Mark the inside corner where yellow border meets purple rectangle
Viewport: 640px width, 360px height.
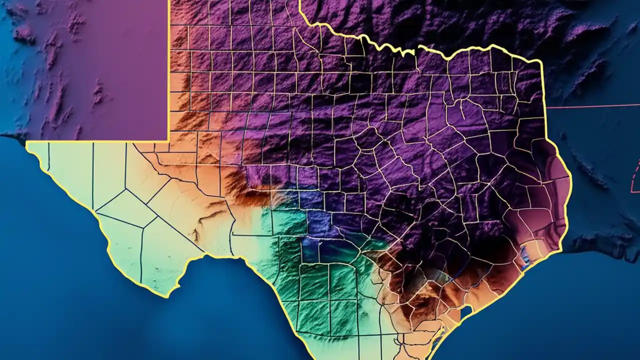(168, 141)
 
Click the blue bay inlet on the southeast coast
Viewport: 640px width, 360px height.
(524, 257)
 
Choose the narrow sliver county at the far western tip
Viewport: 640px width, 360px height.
(45, 155)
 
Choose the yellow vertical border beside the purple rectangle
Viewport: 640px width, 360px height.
(169, 70)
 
